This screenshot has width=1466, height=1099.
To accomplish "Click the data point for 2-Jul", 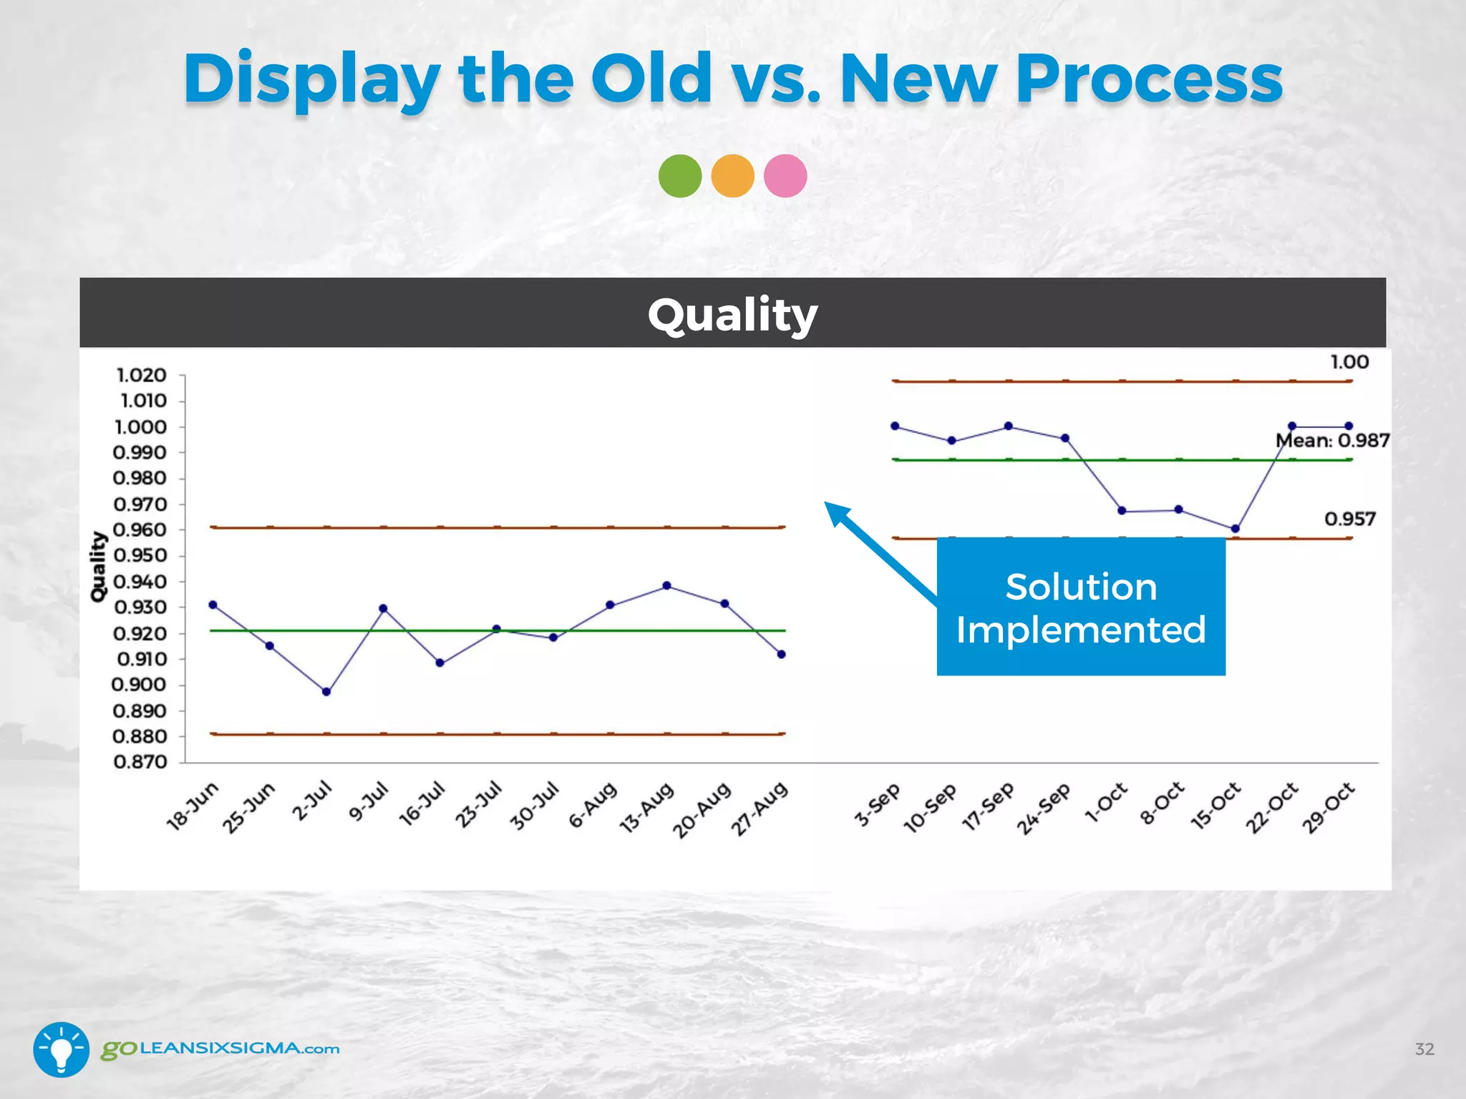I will (326, 692).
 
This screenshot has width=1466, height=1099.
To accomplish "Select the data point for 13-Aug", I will (667, 585).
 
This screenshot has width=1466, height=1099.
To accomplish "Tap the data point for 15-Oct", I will (1236, 529).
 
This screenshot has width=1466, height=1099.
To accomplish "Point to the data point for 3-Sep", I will (895, 426).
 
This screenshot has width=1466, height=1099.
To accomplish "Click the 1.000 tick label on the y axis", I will (140, 427).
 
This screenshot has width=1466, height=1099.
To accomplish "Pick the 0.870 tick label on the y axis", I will (140, 762).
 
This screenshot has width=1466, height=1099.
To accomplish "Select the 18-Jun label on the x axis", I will (192, 806).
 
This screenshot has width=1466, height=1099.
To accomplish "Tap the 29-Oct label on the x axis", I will (1329, 808).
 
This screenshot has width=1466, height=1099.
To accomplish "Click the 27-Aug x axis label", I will (759, 809).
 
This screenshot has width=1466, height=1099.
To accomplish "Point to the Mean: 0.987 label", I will (1333, 441).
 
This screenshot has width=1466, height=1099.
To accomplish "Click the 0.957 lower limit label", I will (1350, 519).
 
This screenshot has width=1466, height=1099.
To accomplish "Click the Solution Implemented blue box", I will (1081, 607).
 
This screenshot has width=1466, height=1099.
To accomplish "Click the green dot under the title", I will (680, 176).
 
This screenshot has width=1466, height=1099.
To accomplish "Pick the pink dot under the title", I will (785, 176).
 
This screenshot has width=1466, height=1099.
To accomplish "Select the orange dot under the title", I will (733, 176).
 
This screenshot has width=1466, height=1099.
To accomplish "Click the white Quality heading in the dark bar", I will (732, 315).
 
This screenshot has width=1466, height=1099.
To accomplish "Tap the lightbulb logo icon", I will (62, 1049).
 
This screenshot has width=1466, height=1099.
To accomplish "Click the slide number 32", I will (1424, 1049).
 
